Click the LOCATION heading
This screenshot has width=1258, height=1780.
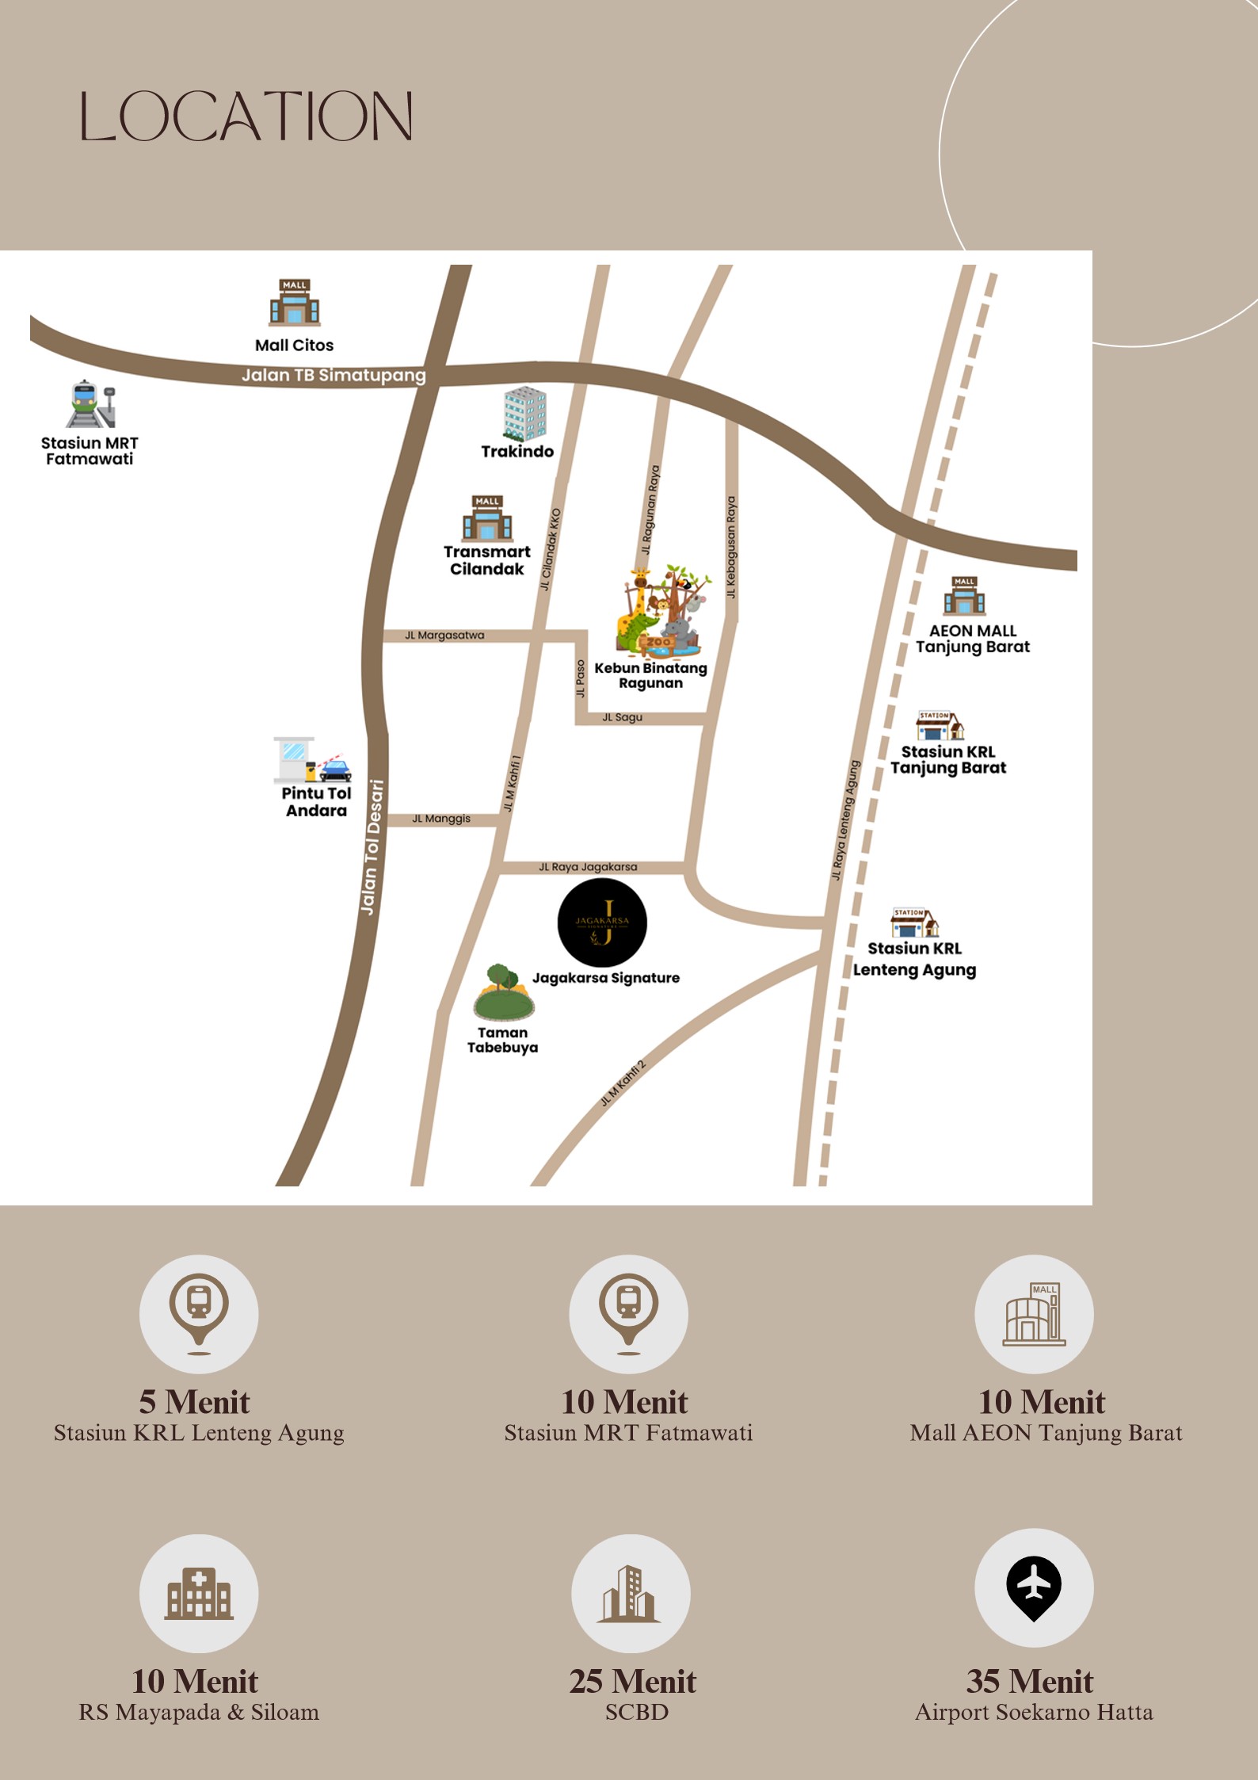click(x=246, y=117)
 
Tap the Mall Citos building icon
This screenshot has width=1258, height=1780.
click(x=295, y=303)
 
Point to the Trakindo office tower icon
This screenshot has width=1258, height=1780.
click(x=524, y=414)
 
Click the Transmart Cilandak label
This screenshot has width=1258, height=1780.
click(x=486, y=560)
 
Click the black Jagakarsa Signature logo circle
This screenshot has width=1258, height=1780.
click(x=602, y=922)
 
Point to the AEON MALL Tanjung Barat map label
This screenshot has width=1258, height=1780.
click(x=973, y=639)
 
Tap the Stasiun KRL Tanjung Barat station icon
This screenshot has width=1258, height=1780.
click(x=940, y=725)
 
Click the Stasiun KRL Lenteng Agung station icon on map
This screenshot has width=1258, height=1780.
click(x=915, y=922)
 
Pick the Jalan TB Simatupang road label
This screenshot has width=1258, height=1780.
click(x=334, y=375)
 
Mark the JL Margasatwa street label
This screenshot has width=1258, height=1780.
click(x=444, y=636)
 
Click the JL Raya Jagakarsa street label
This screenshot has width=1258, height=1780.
click(x=588, y=867)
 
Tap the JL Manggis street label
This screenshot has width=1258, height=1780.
click(x=441, y=819)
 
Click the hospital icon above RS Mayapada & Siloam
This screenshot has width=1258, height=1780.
click(x=199, y=1593)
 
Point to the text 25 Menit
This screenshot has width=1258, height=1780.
click(x=632, y=1682)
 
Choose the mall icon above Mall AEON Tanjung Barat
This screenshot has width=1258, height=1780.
click(x=1034, y=1315)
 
